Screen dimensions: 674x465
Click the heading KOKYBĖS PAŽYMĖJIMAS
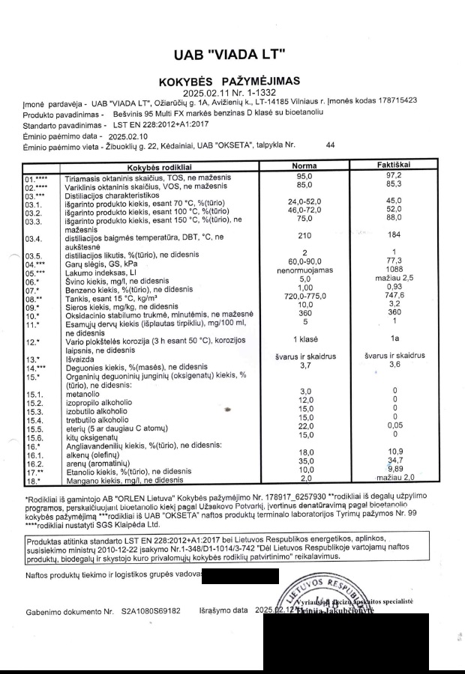229,81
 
